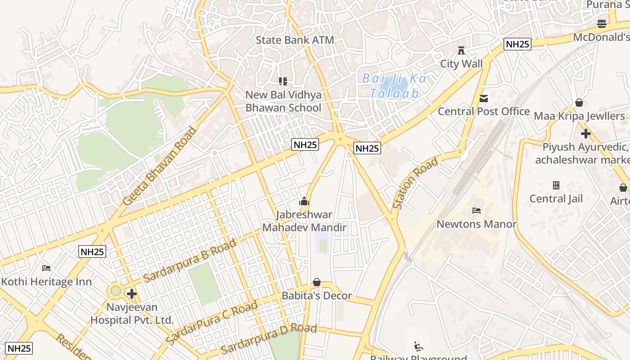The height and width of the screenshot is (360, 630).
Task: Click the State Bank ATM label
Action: pos(295,40)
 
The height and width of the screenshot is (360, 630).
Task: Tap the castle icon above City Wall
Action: pos(461,50)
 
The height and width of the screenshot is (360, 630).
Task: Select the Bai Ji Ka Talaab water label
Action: pos(394,85)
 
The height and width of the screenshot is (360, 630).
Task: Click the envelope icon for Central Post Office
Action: pos(484,99)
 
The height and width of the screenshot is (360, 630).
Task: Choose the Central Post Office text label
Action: pos(484,111)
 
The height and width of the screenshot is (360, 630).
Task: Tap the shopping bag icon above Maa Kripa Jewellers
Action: pos(579,103)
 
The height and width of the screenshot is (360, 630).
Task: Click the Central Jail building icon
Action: pos(556,185)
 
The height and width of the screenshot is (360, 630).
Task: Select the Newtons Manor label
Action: pos(477,224)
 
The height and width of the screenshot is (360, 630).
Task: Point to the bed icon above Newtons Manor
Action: pos(477,210)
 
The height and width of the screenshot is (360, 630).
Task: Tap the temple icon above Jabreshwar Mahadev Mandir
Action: pos(304,201)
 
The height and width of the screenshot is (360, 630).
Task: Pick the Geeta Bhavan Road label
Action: pos(160,166)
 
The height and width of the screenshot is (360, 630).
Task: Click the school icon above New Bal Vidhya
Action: pos(283,81)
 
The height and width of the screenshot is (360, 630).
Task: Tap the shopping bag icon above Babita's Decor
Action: pos(317,283)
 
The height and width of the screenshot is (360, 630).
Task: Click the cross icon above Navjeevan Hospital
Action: pos(131,294)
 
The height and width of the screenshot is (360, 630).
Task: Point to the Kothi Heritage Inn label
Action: pos(46,282)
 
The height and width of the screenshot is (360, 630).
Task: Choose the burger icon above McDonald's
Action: pos(602,24)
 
